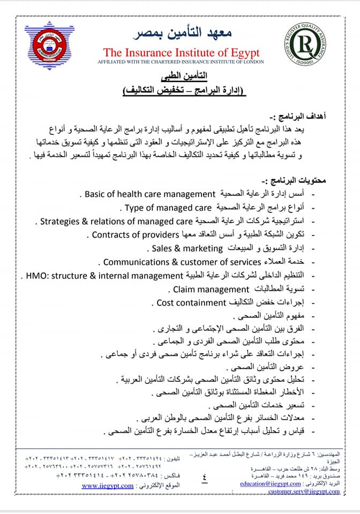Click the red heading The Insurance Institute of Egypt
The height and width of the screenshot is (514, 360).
click(181, 52)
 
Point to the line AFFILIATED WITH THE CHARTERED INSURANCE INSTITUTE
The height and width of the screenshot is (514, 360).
click(181, 62)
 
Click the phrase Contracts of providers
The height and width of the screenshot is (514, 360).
click(134, 235)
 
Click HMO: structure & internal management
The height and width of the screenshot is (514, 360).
click(101, 276)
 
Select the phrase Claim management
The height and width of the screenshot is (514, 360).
click(208, 290)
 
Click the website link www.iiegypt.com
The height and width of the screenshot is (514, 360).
click(108, 486)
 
